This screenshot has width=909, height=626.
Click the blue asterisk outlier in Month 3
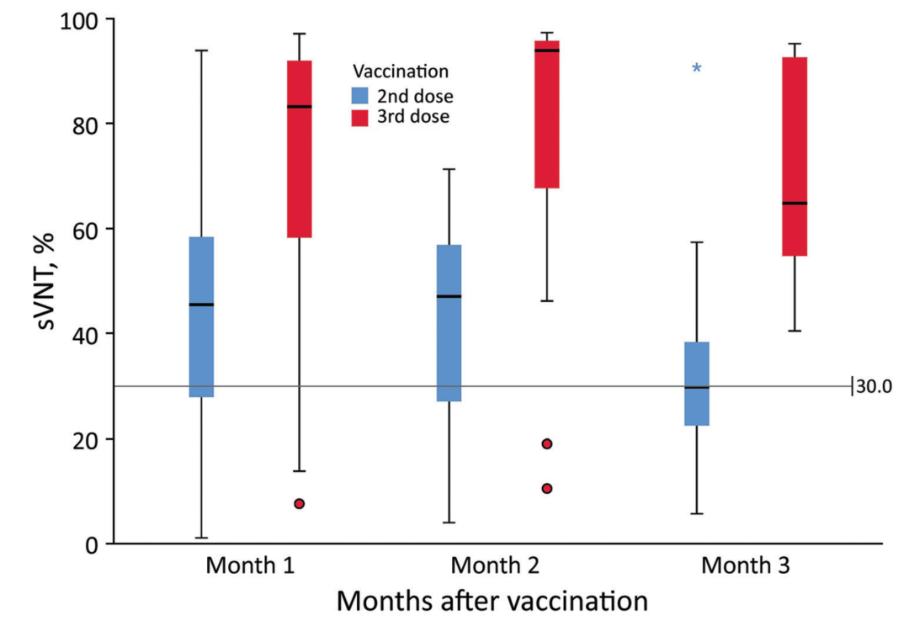[696, 68]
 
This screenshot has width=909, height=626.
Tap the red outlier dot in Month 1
[299, 503]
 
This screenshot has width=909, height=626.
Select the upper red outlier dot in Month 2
[547, 443]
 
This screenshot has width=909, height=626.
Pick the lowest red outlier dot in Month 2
[547, 488]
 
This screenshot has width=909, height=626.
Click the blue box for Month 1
[201, 316]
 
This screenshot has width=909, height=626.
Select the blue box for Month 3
[696, 384]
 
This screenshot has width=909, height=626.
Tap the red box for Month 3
[795, 156]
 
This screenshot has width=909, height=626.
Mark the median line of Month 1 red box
[299, 107]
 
